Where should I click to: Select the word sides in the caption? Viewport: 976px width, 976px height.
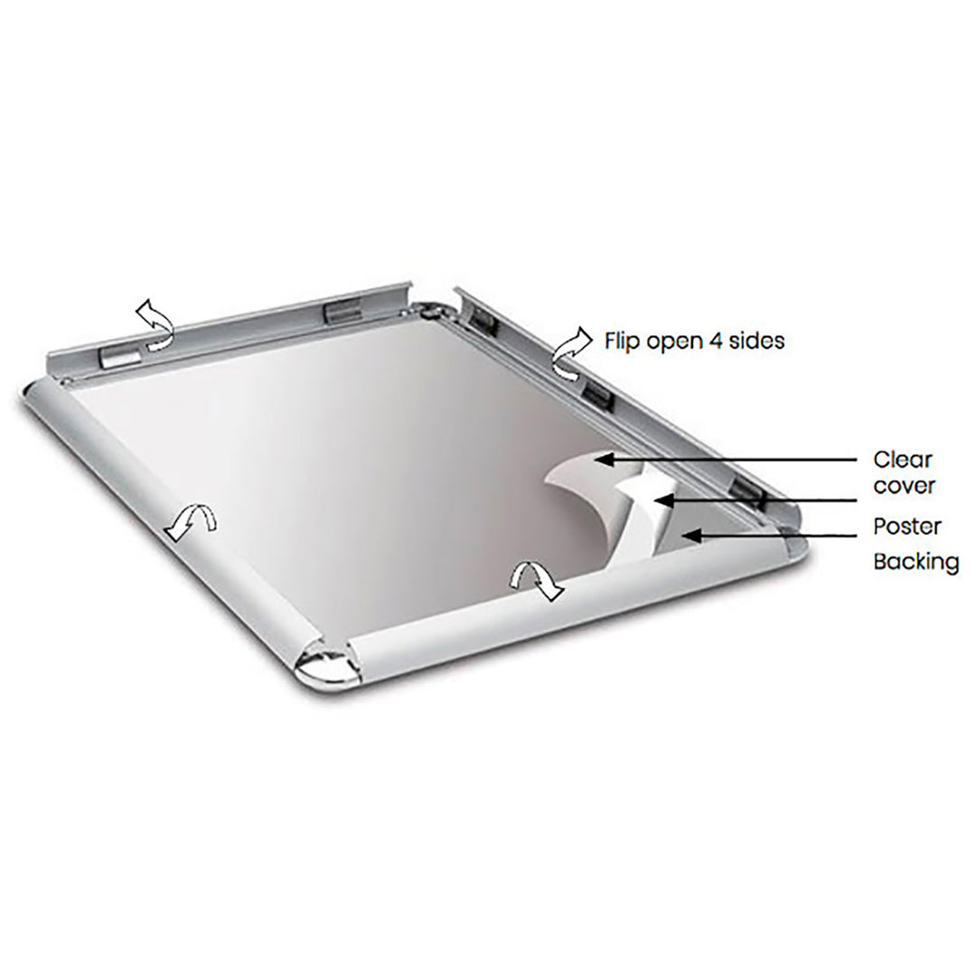[754, 341]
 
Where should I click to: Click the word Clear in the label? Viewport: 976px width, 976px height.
[903, 460]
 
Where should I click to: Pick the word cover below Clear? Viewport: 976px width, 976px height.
[904, 486]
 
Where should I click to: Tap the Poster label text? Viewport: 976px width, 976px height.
[906, 525]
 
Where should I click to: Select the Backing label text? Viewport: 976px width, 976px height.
[915, 561]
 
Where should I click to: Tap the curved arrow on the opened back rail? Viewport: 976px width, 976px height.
[154, 324]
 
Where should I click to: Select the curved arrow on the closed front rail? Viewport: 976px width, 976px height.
[537, 579]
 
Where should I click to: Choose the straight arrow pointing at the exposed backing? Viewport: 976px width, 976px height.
[773, 536]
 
